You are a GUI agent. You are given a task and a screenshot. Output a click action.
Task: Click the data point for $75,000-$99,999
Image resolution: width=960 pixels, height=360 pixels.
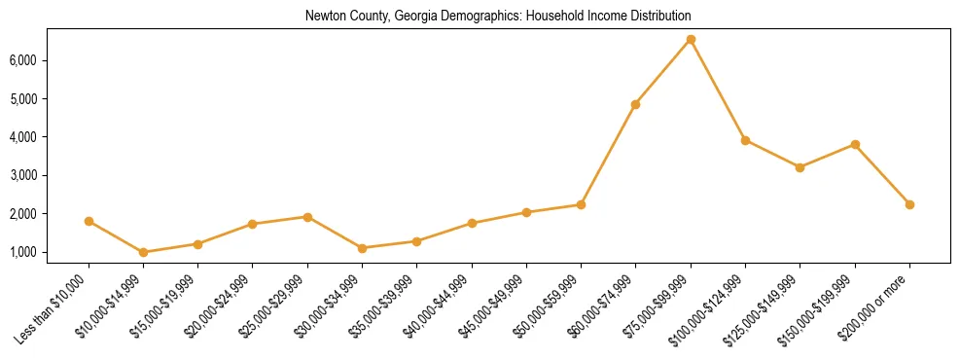coord(691,39)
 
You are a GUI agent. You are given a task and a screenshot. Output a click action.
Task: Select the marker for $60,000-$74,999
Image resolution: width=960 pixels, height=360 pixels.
coord(635,104)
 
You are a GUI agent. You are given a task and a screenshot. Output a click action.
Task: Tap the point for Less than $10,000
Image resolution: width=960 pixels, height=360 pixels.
coord(89,221)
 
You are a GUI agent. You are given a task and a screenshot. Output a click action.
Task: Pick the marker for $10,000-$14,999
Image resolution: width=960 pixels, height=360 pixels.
coord(143,252)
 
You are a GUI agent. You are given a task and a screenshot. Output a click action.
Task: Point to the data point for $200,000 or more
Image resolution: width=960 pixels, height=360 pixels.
coord(909,204)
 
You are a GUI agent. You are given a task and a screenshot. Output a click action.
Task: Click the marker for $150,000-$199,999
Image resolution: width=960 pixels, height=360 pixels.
coord(855,144)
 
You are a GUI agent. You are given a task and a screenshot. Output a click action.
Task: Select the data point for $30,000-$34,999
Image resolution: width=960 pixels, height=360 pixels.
coord(362,248)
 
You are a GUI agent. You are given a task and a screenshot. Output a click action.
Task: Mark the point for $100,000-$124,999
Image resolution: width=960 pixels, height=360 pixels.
coord(745,140)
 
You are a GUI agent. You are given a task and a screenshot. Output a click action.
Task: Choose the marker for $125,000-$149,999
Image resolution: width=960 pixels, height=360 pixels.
coord(800,167)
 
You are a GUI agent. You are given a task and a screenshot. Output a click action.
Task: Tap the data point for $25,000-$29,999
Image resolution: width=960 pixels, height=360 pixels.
coord(307,217)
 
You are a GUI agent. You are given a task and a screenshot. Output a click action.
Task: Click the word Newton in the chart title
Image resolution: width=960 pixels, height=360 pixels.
coord(324,17)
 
